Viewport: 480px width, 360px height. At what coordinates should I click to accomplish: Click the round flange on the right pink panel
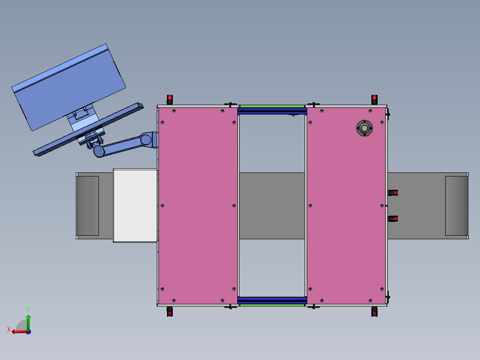click(364, 128)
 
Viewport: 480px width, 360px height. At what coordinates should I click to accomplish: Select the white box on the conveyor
click(135, 205)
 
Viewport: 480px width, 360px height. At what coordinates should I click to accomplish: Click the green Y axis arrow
click(28, 322)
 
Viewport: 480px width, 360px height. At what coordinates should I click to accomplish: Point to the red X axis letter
click(9, 329)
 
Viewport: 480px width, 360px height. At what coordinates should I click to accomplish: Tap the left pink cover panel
click(198, 205)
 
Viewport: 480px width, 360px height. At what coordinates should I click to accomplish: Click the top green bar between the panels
click(272, 106)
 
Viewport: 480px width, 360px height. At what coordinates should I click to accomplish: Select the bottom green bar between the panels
click(272, 305)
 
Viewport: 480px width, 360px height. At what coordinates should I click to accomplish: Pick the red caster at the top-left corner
click(170, 99)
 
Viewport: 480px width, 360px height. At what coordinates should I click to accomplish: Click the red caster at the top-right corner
click(374, 99)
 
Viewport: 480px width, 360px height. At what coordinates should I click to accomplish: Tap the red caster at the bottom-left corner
click(170, 311)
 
